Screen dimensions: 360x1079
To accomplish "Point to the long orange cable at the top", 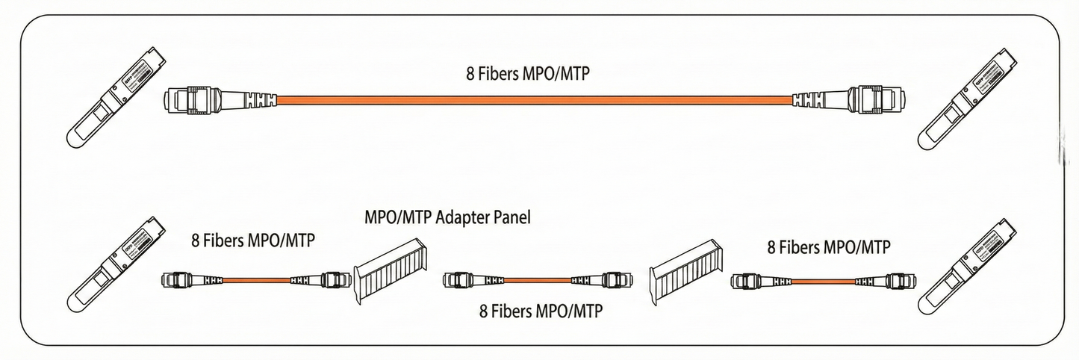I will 534,99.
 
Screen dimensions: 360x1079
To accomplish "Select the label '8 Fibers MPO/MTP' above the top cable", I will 534,75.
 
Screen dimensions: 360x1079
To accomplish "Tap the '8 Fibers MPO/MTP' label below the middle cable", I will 541,311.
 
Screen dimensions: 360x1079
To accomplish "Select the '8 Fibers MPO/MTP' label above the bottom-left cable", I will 252,240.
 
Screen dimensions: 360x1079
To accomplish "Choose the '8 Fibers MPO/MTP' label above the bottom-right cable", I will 829,246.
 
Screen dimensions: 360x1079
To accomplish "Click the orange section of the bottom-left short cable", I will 257,280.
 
